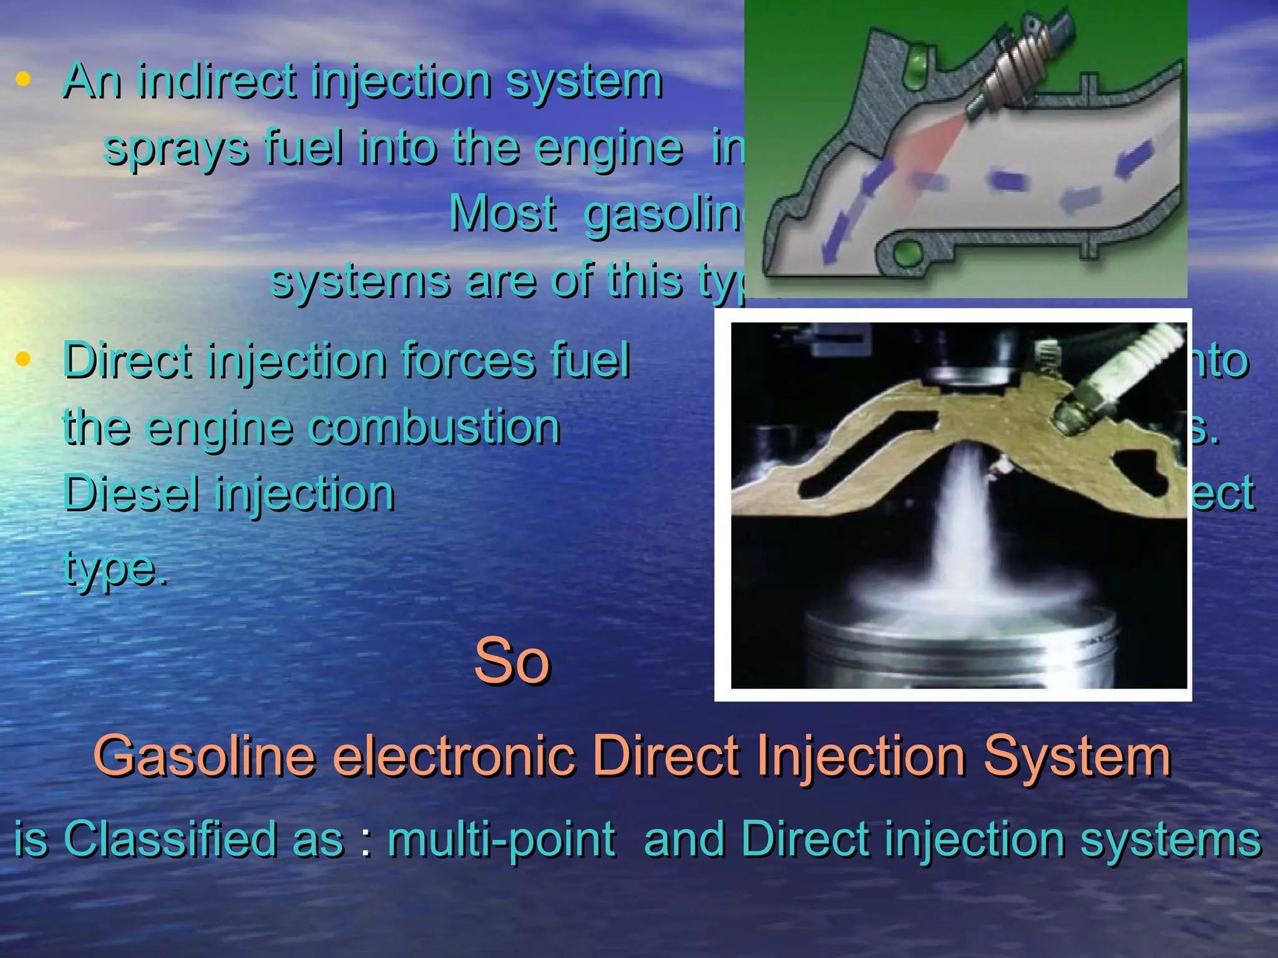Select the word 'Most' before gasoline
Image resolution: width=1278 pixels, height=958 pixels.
502,213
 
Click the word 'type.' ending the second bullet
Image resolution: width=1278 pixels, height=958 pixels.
115,567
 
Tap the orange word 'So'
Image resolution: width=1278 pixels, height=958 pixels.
512,661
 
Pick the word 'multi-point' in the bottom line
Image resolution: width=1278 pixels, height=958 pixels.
501,839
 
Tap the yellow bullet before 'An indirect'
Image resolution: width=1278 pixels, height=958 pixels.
24,79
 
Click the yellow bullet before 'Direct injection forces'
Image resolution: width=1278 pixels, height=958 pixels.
24,359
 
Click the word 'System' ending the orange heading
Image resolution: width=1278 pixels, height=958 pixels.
1077,756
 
